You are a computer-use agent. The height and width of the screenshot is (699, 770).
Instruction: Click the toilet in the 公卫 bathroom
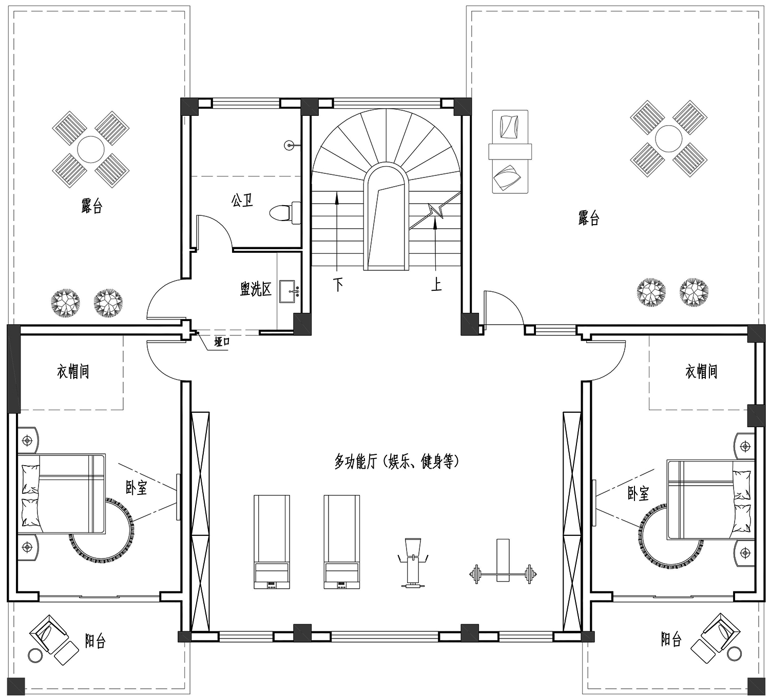click(285, 213)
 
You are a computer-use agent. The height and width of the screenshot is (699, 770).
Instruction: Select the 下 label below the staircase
click(338, 285)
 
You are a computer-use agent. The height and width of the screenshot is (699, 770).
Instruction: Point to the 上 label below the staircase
click(436, 284)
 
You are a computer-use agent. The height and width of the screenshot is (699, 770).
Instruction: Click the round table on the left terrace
click(90, 149)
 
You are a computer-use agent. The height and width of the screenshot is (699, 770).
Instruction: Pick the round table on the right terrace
click(669, 138)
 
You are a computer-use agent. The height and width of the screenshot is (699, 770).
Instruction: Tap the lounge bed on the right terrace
click(510, 151)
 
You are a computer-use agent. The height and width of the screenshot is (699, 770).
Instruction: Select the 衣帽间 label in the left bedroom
click(73, 371)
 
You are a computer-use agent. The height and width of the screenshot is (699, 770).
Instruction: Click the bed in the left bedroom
click(62, 493)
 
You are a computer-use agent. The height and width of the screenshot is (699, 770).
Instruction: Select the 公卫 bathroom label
click(242, 200)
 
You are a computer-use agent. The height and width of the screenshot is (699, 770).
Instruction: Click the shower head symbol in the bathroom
click(290, 145)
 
